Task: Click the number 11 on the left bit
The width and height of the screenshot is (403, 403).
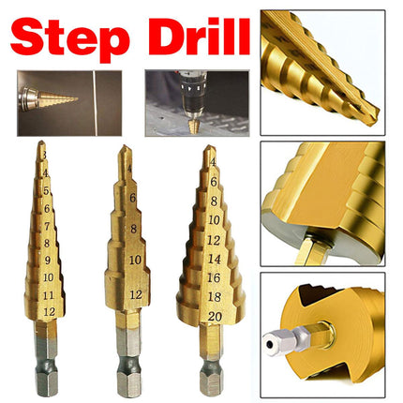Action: click(x=49, y=294)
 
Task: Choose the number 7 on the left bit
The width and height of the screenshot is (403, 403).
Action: click(x=46, y=224)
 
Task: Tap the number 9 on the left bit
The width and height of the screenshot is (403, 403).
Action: click(x=47, y=261)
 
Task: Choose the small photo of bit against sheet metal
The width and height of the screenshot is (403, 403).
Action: click(x=55, y=101)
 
